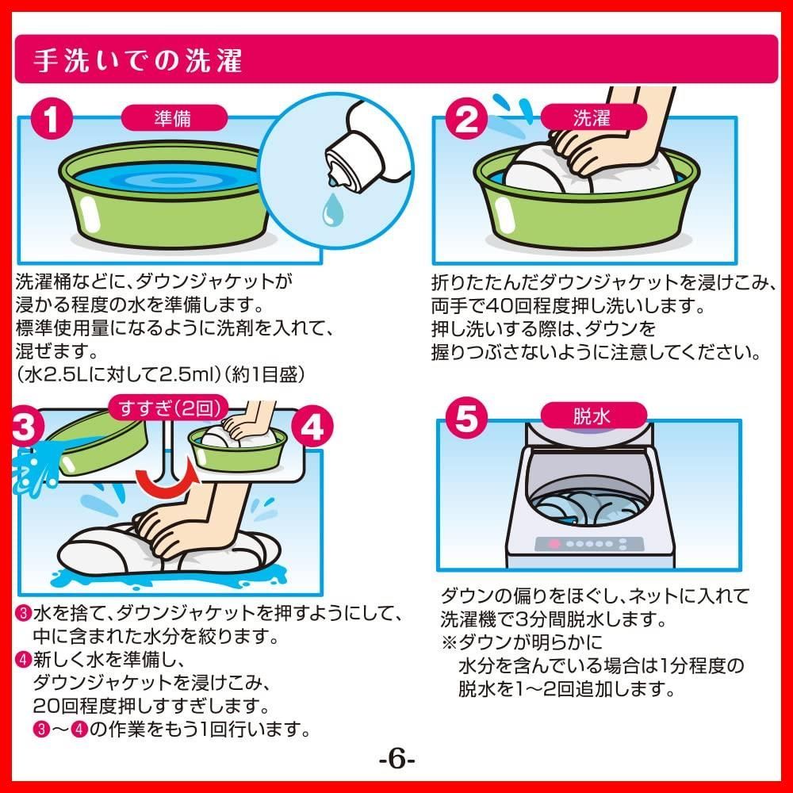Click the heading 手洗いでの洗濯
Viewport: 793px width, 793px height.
[139, 62]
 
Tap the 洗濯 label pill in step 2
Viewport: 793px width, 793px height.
[592, 119]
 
